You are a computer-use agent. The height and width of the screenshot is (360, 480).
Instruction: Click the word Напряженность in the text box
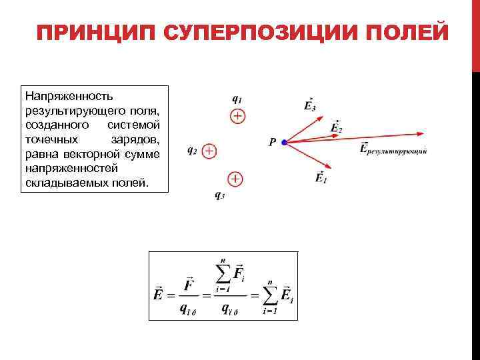tap(61, 97)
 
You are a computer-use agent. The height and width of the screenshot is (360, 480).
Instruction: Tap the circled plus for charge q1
tap(237, 117)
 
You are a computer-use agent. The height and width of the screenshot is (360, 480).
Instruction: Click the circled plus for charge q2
tap(209, 151)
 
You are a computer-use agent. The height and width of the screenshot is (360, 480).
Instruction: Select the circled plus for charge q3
tap(235, 179)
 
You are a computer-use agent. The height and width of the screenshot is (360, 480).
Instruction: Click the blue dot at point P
tap(284, 142)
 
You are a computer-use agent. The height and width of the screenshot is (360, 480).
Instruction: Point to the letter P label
tap(272, 142)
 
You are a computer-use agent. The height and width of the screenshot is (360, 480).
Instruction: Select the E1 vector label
tap(321, 177)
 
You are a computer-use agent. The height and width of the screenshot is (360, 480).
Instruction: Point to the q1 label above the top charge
tap(236, 97)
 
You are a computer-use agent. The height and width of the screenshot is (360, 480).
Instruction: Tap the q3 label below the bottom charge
tap(219, 195)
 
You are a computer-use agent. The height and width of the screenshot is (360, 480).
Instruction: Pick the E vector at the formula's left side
tap(159, 293)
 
